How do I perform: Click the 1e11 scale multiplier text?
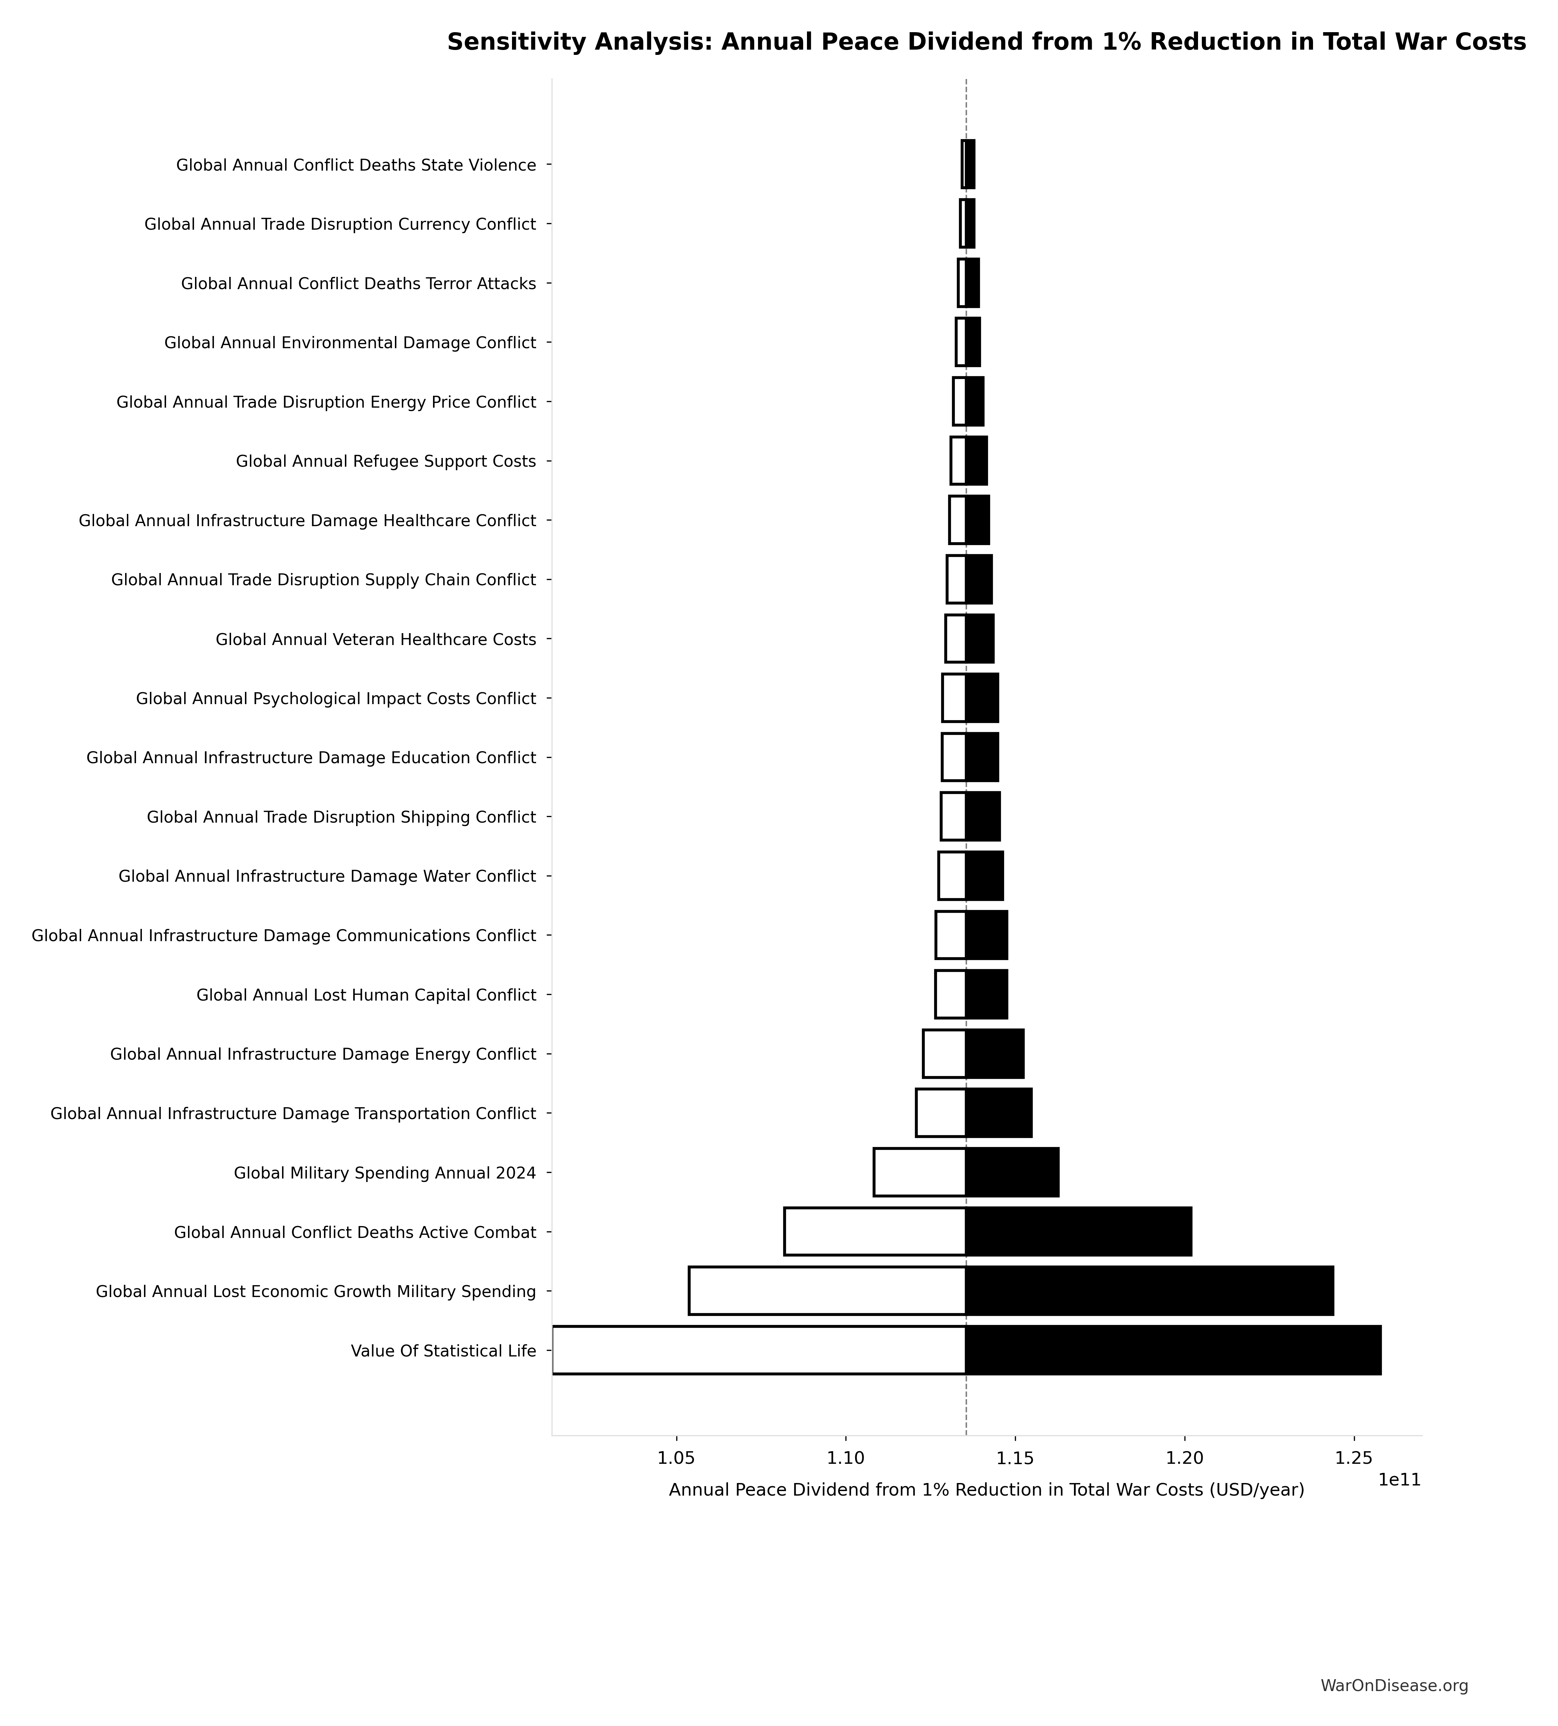1399,1480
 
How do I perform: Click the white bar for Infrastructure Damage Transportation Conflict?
941,1113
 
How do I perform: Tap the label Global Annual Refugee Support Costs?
386,461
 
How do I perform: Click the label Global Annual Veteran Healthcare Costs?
376,639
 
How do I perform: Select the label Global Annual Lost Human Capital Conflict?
366,995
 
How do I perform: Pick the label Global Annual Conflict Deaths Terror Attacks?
359,284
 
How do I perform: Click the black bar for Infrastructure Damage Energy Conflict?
995,1054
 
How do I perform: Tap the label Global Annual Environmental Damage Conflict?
350,343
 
